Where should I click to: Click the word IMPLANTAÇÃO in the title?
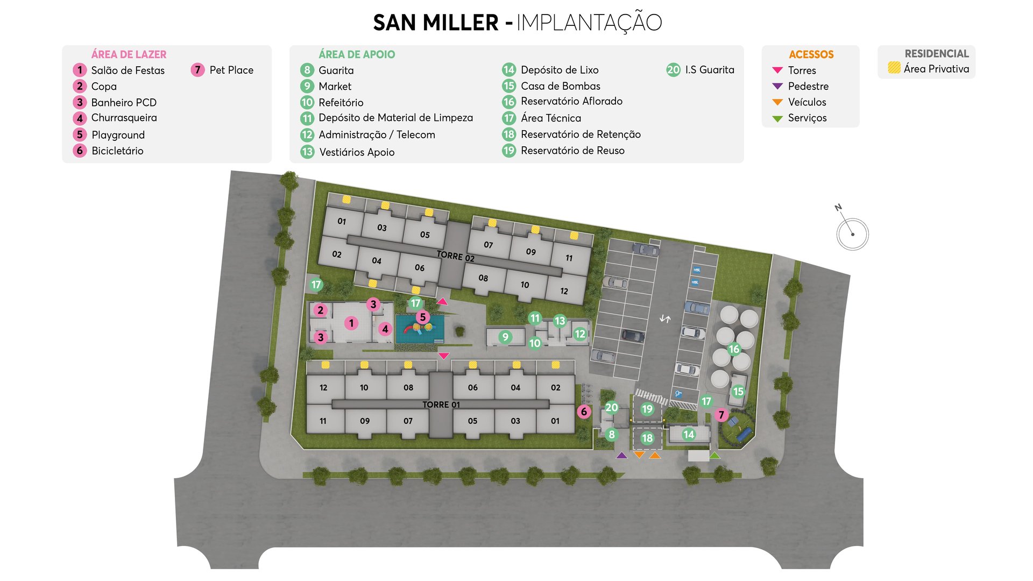pyautogui.click(x=589, y=23)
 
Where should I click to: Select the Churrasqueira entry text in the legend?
pyautogui.click(x=124, y=118)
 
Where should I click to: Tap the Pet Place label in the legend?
pyautogui.click(x=231, y=70)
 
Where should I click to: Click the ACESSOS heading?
pyautogui.click(x=811, y=54)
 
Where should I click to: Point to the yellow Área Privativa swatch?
pyautogui.click(x=894, y=68)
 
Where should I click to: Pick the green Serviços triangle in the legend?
pyautogui.click(x=777, y=118)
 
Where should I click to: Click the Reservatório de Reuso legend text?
pyautogui.click(x=572, y=151)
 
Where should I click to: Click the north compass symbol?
pyautogui.click(x=852, y=232)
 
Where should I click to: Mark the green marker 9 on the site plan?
pyautogui.click(x=505, y=337)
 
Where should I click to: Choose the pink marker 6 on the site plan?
pyautogui.click(x=584, y=412)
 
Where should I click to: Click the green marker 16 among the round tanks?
pyautogui.click(x=734, y=349)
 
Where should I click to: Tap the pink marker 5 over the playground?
pyautogui.click(x=423, y=317)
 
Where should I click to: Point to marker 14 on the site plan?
pyautogui.click(x=689, y=434)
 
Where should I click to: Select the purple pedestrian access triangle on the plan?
pyautogui.click(x=621, y=456)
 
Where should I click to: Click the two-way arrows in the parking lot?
pyautogui.click(x=665, y=319)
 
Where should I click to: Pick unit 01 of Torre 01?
pyautogui.click(x=555, y=421)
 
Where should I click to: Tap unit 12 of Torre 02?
pyautogui.click(x=564, y=291)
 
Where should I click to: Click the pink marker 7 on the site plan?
pyautogui.click(x=721, y=415)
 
